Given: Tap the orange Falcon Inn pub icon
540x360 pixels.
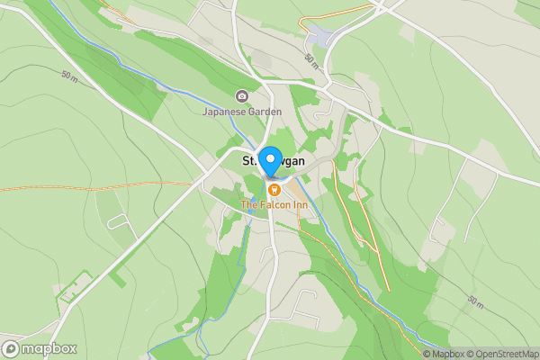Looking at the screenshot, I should pyautogui.click(x=274, y=189).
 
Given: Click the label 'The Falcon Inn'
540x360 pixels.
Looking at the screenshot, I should pyautogui.click(x=274, y=205).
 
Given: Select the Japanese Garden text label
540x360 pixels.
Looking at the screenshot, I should pyautogui.click(x=241, y=112).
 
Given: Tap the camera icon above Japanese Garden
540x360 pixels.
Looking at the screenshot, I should pyautogui.click(x=241, y=96).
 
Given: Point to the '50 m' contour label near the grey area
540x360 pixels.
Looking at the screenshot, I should pyautogui.click(x=311, y=60).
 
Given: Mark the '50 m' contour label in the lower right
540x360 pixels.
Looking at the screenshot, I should pyautogui.click(x=475, y=299).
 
